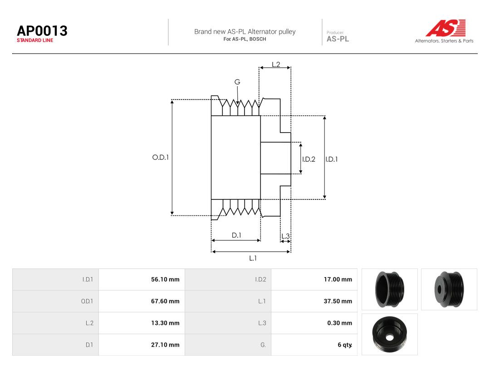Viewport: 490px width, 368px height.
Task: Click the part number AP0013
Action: pyautogui.click(x=42, y=31)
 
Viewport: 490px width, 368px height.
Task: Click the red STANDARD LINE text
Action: pyautogui.click(x=35, y=40)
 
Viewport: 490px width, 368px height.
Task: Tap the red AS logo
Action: pyautogui.click(x=446, y=28)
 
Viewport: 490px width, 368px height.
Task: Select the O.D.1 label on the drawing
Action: pyautogui.click(x=160, y=157)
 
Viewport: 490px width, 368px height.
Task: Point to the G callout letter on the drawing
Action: pyautogui.click(x=237, y=82)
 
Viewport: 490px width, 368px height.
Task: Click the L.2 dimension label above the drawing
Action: pyautogui.click(x=276, y=65)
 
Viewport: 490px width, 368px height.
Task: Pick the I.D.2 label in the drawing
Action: pyautogui.click(x=309, y=159)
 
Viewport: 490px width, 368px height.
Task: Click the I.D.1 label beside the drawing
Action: pyautogui.click(x=332, y=159)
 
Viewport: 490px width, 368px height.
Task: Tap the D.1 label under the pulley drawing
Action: pyautogui.click(x=236, y=235)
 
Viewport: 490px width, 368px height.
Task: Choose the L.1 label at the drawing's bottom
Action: pyautogui.click(x=253, y=258)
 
